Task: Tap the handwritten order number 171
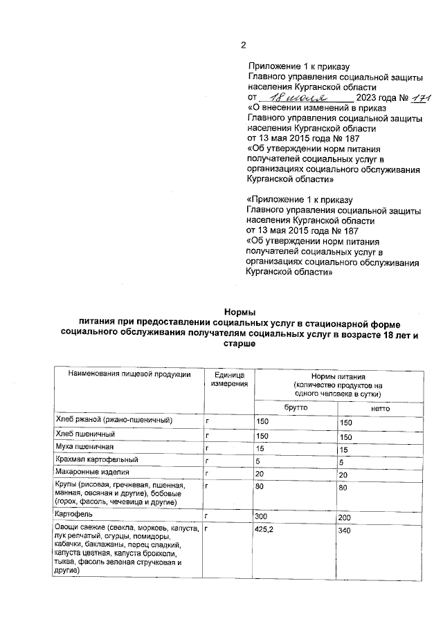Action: [x=419, y=99]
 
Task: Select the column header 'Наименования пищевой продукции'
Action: [x=129, y=374]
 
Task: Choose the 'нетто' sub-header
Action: [x=381, y=409]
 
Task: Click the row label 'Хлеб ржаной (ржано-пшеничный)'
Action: [x=114, y=421]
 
